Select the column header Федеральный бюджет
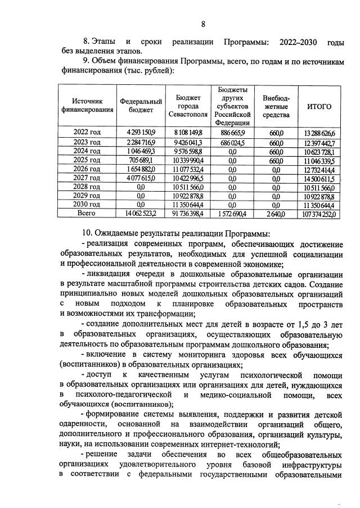click(141, 106)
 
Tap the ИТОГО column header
click(319, 106)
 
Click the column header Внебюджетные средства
click(276, 106)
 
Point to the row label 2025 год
click(87, 160)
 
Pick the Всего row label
click(87, 214)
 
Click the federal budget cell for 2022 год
click(141, 132)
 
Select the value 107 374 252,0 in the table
click(319, 214)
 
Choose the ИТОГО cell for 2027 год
click(319, 178)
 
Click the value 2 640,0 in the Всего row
click(276, 214)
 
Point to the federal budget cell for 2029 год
click(141, 196)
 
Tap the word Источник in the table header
click(87, 101)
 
